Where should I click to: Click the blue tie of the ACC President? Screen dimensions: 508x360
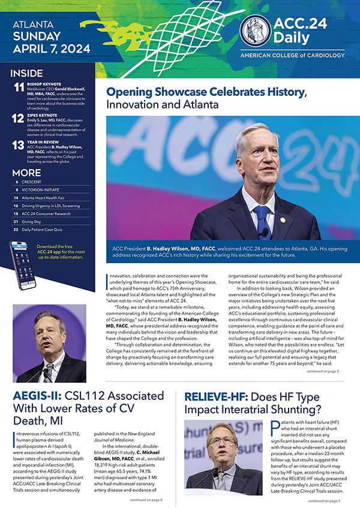(262, 217)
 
